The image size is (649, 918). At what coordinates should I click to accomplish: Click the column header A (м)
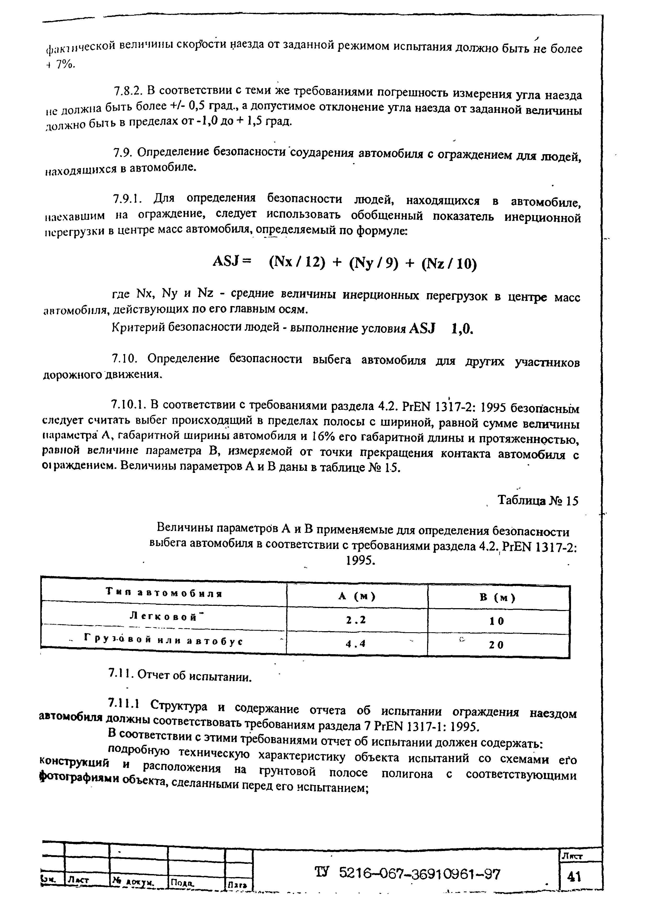click(x=357, y=597)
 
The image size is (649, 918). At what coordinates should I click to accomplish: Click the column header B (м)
click(x=498, y=598)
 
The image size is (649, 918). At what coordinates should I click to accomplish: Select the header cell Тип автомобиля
click(x=164, y=593)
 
